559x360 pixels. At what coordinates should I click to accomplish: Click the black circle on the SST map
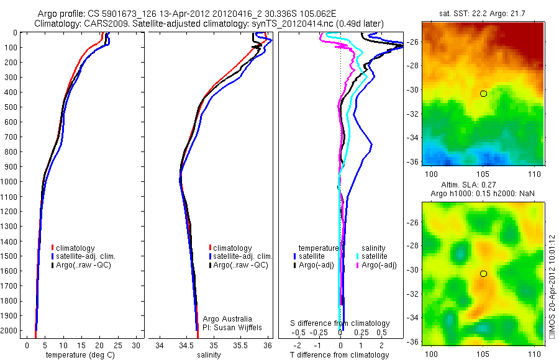[483, 93]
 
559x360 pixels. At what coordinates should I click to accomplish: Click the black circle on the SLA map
[483, 273]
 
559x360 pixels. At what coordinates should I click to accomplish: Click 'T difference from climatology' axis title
[339, 355]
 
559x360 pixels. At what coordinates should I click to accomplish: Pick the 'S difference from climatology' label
[340, 323]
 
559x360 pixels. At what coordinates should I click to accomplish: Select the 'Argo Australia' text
[227, 318]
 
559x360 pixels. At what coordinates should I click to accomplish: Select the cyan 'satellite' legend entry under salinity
[374, 256]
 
